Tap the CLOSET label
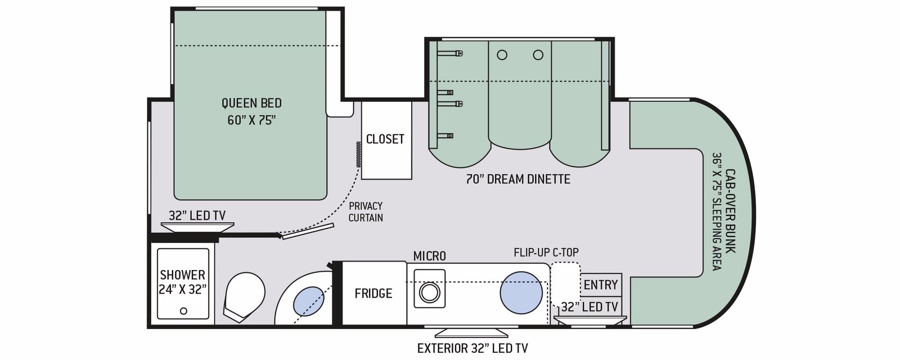pos(385,139)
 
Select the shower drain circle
pos(183,310)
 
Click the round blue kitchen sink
pos(521,292)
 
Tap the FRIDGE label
pos(373,293)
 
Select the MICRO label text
pos(430,256)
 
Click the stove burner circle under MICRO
pos(430,292)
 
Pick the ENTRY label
pos(601,285)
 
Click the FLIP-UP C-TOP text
pos(546,253)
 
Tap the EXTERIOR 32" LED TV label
pos(472,348)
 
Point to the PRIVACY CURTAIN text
pos(366,211)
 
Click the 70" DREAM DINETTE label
pos(518,179)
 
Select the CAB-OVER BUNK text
pos(730,211)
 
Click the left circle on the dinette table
pos(502,55)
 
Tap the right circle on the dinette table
pos(538,55)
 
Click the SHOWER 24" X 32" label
pos(183,282)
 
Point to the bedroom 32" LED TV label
pos(197,216)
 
